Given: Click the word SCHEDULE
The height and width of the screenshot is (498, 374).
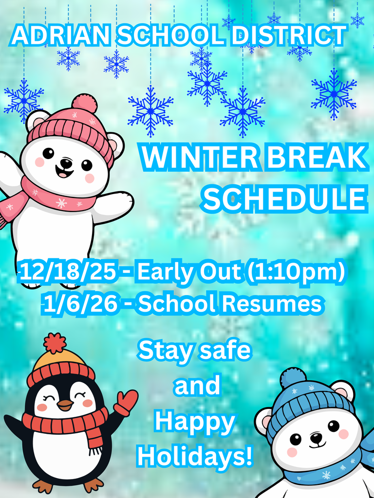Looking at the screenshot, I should click(x=285, y=198).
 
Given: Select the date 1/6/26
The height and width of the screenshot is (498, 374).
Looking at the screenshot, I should click(x=80, y=304).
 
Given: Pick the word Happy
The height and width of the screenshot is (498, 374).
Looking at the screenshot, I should click(x=195, y=422).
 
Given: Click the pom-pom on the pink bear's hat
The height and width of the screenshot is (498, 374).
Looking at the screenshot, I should click(x=84, y=103).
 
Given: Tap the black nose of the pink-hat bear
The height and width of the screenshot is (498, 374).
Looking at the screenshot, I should click(x=66, y=163).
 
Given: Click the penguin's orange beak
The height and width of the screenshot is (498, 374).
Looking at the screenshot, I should click(x=64, y=405).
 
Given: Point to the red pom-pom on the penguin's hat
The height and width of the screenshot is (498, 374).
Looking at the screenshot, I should click(x=54, y=343).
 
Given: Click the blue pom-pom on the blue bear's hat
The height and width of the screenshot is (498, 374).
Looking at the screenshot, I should click(x=293, y=378).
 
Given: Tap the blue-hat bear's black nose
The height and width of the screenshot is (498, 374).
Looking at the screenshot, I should click(x=317, y=437).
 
